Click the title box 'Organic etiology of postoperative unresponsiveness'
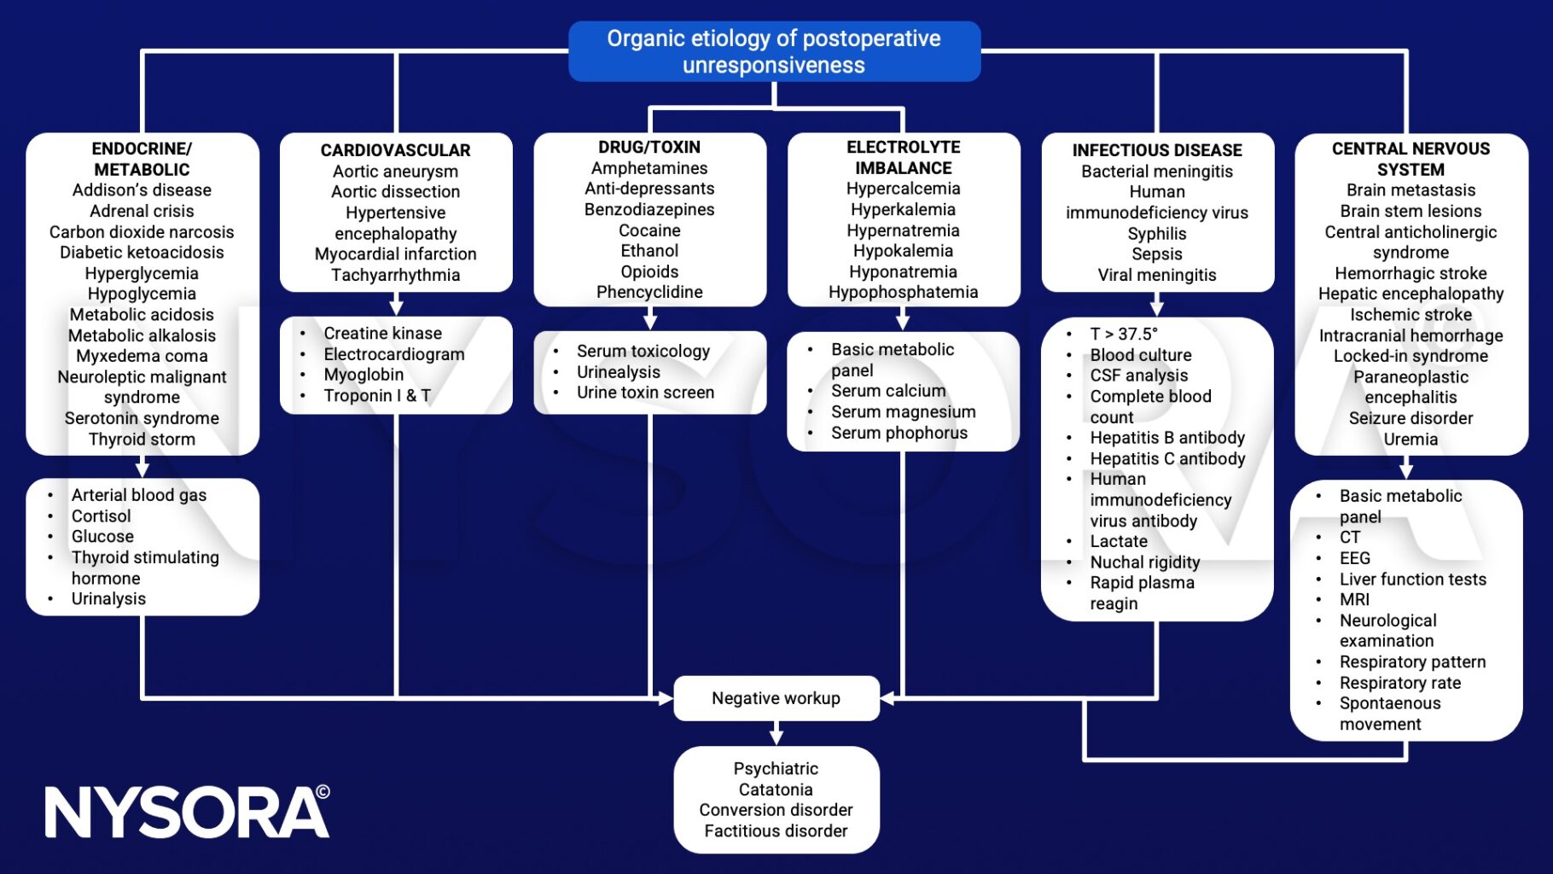774,51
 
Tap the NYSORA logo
187,812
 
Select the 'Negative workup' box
776,698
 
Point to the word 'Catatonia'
776,790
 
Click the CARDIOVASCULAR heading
395,150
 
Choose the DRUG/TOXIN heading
649,148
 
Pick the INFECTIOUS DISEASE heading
1156,150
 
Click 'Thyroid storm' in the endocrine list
142,440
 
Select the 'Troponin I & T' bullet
377,396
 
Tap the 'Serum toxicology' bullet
643,352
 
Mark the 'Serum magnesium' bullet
903,412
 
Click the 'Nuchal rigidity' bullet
1144,562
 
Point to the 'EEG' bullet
1354,558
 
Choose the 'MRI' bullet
1354,600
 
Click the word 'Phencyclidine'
649,292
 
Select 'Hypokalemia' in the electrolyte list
903,251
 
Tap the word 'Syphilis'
1156,234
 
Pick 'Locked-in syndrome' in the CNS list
1410,356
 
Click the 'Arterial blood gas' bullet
138,495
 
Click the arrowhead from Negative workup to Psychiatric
776,737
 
